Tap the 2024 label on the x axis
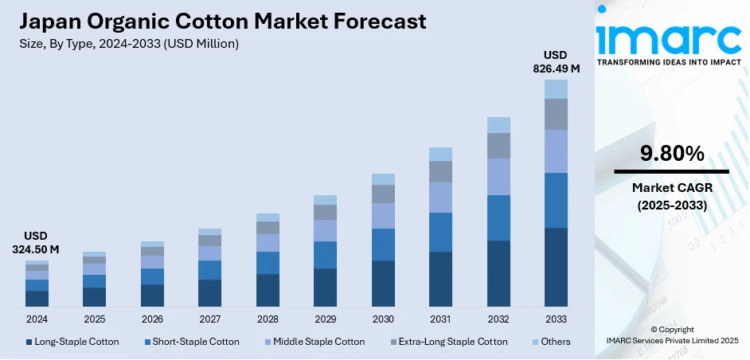37,319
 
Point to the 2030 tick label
383,319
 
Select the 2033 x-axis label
556,319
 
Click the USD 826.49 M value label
556,61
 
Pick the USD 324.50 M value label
37,243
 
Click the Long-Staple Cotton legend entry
72,342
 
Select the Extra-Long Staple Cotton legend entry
451,342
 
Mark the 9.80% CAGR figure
672,154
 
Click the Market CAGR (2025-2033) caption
671,196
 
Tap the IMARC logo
670,35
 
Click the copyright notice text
672,335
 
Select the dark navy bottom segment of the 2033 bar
556,267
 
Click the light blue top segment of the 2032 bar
498,124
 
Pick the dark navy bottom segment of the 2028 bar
268,290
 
